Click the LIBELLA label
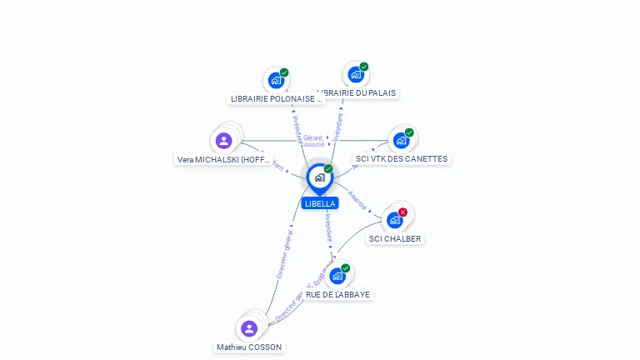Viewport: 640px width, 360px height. point(320,203)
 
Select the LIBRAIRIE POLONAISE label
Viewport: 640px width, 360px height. point(276,98)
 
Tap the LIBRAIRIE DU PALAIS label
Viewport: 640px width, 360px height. point(357,92)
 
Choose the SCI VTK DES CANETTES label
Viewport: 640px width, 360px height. point(401,158)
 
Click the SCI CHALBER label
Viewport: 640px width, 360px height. point(395,238)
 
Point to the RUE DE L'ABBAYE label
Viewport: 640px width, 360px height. point(337,294)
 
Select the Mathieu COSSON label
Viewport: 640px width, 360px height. point(249,347)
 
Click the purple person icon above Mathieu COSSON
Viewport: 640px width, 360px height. point(248,327)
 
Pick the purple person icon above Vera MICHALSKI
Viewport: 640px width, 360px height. point(223,140)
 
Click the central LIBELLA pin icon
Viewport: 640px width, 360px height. point(318,177)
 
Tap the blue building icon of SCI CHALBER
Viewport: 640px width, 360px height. point(394,220)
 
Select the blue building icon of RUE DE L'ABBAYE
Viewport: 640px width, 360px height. point(337,276)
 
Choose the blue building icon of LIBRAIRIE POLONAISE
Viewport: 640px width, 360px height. point(274,81)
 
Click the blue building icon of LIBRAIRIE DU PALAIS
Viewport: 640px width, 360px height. point(355,74)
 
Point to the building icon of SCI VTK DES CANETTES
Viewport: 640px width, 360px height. point(400,140)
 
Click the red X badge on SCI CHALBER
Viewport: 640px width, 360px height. point(403,212)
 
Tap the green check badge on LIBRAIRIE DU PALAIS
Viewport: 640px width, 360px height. point(364,67)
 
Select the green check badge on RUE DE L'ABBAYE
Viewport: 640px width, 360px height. point(346,268)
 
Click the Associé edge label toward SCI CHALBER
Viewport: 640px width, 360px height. point(357,201)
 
